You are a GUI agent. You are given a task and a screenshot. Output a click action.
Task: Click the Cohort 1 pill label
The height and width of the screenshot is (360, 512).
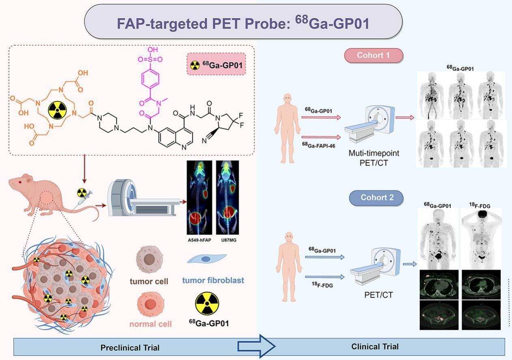(374, 55)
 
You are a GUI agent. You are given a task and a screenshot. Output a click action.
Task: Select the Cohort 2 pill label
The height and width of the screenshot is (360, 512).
(376, 198)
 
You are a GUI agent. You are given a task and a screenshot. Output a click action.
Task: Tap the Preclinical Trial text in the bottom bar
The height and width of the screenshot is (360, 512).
(130, 348)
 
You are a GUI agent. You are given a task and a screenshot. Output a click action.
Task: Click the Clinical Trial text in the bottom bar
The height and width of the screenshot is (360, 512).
(375, 347)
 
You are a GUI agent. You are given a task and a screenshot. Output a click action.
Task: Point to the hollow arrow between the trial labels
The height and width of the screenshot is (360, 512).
(256, 346)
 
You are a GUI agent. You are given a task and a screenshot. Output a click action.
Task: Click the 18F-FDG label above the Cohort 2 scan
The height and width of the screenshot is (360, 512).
(480, 206)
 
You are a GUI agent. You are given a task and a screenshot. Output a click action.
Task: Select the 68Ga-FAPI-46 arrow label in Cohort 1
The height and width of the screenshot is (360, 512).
(320, 144)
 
